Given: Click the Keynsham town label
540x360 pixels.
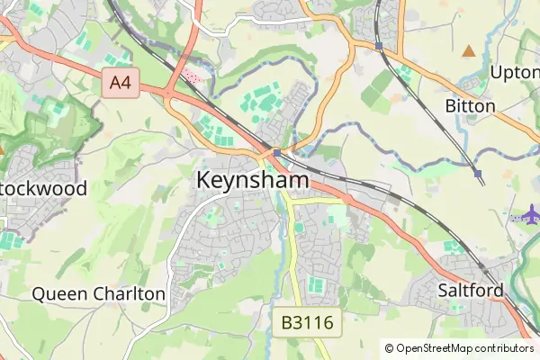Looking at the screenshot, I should pyautogui.click(x=252, y=180).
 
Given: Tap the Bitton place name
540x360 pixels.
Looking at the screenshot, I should pyautogui.click(x=470, y=106).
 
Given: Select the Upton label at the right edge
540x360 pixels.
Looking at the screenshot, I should pyautogui.click(x=515, y=72).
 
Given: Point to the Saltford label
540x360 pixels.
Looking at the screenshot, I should pyautogui.click(x=470, y=290).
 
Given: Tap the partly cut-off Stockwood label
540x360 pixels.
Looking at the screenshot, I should pyautogui.click(x=45, y=189).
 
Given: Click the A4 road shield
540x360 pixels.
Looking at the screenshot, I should pyautogui.click(x=120, y=84).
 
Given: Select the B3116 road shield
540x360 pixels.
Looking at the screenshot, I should pyautogui.click(x=307, y=321).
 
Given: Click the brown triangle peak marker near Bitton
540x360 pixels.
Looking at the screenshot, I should pyautogui.click(x=468, y=50).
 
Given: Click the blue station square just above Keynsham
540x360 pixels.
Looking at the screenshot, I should pyautogui.click(x=276, y=153).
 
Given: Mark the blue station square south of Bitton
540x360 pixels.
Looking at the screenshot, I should pyautogui.click(x=477, y=173).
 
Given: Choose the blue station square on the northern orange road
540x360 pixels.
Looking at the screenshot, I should pyautogui.click(x=379, y=45).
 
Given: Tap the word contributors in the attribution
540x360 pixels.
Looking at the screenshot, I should pyautogui.click(x=504, y=347).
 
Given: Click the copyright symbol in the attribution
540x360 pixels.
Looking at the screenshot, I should pyautogui.click(x=389, y=347).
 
